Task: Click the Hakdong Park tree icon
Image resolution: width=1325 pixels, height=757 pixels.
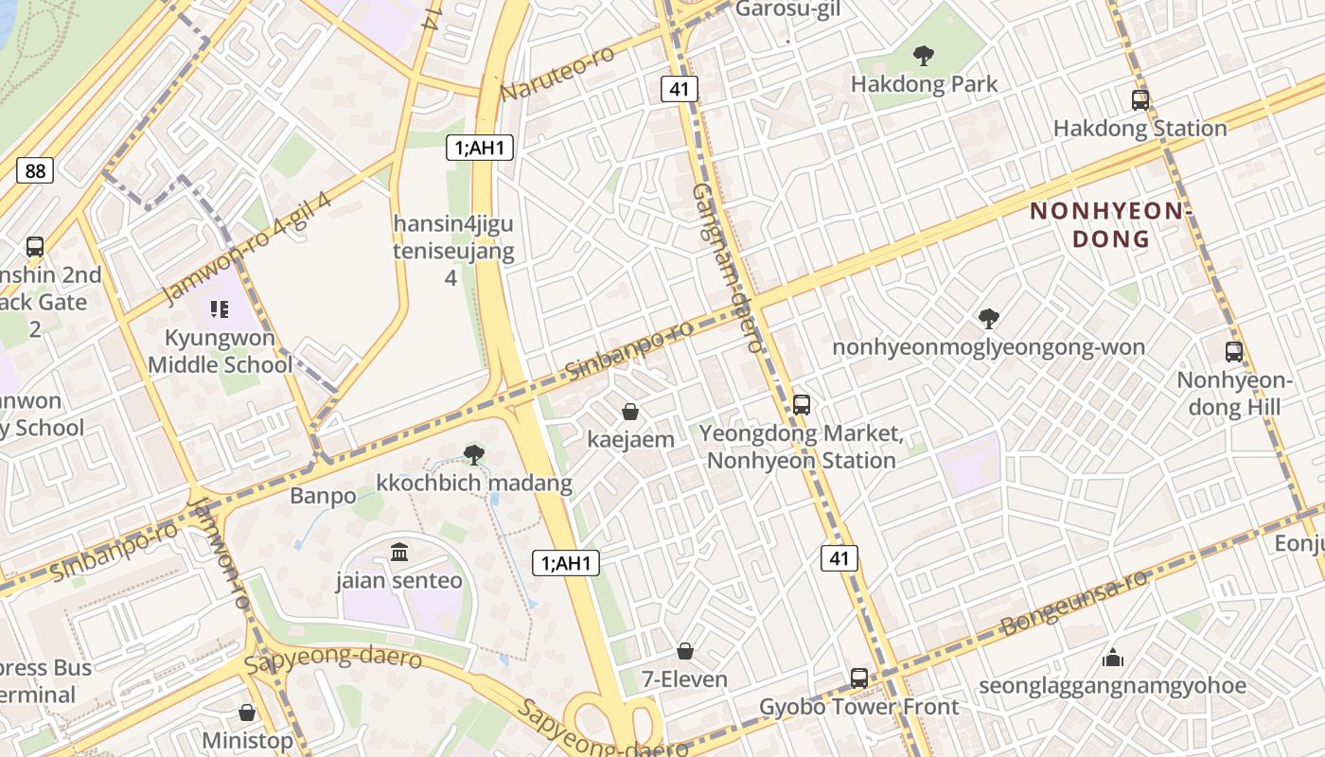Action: click(924, 55)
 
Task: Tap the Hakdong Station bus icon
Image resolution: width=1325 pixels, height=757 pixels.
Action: click(1140, 99)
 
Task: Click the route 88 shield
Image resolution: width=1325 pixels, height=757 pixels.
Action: click(35, 170)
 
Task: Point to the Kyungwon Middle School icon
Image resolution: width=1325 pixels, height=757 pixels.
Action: click(220, 308)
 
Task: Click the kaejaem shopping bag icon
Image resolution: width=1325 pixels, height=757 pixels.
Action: click(630, 412)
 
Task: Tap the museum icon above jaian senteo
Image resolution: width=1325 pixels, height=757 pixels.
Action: click(399, 552)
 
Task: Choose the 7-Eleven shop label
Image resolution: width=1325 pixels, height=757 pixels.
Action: click(684, 679)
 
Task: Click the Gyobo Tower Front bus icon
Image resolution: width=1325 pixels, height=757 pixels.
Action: click(859, 678)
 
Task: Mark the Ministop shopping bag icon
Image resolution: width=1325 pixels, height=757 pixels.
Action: click(247, 712)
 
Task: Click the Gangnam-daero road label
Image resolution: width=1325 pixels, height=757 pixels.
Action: click(727, 267)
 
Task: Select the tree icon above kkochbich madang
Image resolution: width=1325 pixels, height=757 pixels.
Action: click(474, 455)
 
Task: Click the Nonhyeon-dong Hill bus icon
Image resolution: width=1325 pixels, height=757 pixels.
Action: click(1234, 352)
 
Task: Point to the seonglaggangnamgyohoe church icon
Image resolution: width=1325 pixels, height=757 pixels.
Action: click(1113, 657)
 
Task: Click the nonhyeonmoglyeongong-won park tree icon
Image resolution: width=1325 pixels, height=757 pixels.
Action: click(989, 318)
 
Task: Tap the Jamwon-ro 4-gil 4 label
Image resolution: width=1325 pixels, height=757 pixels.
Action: click(247, 248)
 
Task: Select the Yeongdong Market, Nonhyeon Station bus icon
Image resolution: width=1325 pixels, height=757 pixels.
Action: click(802, 405)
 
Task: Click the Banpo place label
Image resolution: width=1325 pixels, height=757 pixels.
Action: click(323, 496)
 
